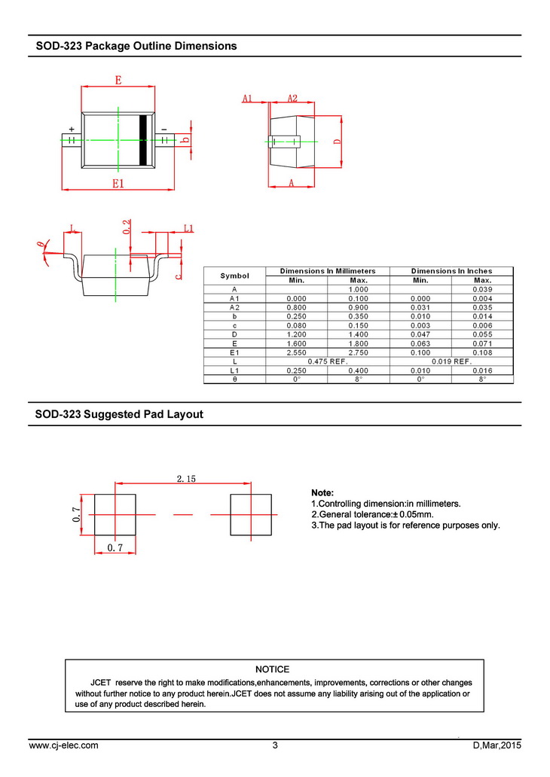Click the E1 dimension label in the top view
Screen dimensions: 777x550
[118, 183]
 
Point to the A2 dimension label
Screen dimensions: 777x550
[292, 98]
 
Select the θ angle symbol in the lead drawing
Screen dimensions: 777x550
[41, 245]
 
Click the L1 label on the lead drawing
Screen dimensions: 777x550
[189, 228]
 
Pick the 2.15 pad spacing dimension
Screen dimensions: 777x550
[186, 478]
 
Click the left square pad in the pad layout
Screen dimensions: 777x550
[115, 514]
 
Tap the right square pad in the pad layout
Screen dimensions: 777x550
[249, 514]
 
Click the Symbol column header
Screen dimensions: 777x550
[234, 276]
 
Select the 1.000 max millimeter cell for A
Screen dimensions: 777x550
[358, 290]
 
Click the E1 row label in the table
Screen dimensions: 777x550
[234, 352]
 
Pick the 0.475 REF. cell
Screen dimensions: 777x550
[327, 361]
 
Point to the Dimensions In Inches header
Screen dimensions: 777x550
[451, 271]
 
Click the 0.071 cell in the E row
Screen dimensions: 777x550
[481, 343]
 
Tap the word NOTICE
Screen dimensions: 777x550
[272, 669]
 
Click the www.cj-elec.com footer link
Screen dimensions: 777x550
[63, 745]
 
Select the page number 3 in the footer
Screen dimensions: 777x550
[275, 745]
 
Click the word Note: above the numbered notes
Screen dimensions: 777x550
[322, 492]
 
